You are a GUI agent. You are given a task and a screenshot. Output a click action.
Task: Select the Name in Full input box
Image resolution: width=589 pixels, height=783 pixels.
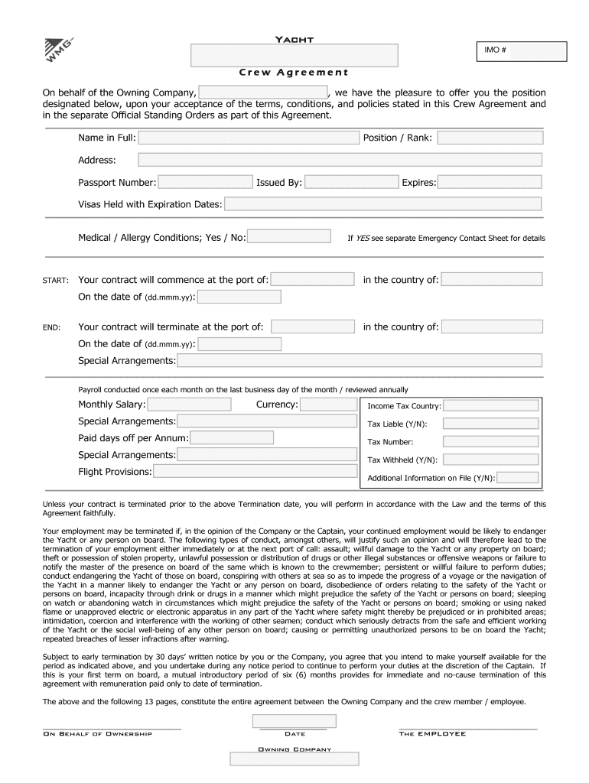point(249,138)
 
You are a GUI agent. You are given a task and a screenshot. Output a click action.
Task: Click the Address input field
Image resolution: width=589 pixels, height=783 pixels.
point(339,160)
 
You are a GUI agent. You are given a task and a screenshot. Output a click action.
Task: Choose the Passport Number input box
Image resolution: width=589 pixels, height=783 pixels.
point(205,182)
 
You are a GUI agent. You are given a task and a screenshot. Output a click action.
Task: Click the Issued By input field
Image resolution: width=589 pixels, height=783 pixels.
point(352,182)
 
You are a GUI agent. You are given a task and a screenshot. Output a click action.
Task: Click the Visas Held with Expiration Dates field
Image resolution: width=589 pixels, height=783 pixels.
point(382,204)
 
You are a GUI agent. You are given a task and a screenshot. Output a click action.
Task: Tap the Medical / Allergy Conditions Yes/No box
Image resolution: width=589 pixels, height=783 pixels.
point(290,237)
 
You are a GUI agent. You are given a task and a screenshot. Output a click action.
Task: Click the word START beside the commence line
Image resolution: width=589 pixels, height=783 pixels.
point(57,281)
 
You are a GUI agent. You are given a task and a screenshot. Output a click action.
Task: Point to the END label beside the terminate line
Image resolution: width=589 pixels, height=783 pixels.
point(52,327)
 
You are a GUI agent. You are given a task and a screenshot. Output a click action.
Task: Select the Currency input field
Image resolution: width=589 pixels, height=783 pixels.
point(328,404)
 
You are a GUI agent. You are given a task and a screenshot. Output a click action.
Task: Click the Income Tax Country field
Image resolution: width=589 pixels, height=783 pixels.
point(490,405)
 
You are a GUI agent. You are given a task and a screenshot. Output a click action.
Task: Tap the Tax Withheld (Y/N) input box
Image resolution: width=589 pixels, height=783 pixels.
point(490,460)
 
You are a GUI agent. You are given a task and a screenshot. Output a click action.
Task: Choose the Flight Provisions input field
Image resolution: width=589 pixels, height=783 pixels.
point(255,472)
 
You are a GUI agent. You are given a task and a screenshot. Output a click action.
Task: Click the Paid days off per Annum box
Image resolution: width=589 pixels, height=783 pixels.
point(231,438)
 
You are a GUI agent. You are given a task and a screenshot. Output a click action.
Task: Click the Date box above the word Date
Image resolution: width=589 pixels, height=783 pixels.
point(294,721)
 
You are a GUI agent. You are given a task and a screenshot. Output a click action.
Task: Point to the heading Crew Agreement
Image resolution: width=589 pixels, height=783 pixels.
point(294,73)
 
